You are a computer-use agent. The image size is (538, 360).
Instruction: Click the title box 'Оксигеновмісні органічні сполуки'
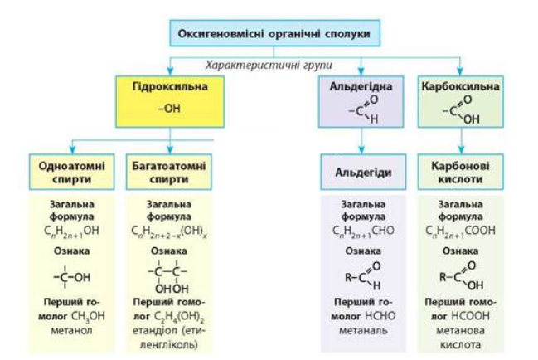(275, 33)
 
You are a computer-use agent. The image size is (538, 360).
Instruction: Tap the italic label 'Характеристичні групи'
(269, 65)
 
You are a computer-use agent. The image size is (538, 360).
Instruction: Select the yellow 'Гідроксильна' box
(170, 101)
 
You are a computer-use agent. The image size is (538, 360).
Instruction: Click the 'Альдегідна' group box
(361, 101)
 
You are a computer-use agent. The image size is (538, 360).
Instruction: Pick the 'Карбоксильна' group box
(460, 101)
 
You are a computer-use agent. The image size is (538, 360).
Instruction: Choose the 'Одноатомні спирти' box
(72, 172)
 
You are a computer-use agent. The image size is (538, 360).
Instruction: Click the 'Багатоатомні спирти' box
(169, 172)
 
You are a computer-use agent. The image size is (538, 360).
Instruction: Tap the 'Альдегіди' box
(363, 172)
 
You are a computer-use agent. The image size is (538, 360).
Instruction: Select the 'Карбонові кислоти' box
(460, 172)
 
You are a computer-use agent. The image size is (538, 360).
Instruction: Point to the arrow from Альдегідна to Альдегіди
(361, 141)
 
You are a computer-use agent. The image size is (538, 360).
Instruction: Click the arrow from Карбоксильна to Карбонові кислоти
(461, 141)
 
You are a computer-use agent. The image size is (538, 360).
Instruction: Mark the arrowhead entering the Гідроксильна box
(170, 71)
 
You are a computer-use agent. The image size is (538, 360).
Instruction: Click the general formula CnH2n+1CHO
(363, 231)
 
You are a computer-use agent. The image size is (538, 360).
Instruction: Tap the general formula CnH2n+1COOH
(460, 231)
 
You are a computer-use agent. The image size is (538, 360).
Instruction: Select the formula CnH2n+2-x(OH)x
(169, 231)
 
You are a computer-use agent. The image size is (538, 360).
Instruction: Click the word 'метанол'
(71, 330)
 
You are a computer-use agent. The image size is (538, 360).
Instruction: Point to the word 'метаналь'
(363, 330)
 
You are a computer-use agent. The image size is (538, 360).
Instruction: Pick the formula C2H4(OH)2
(179, 317)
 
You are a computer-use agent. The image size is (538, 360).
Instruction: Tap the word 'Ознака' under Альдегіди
(363, 251)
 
